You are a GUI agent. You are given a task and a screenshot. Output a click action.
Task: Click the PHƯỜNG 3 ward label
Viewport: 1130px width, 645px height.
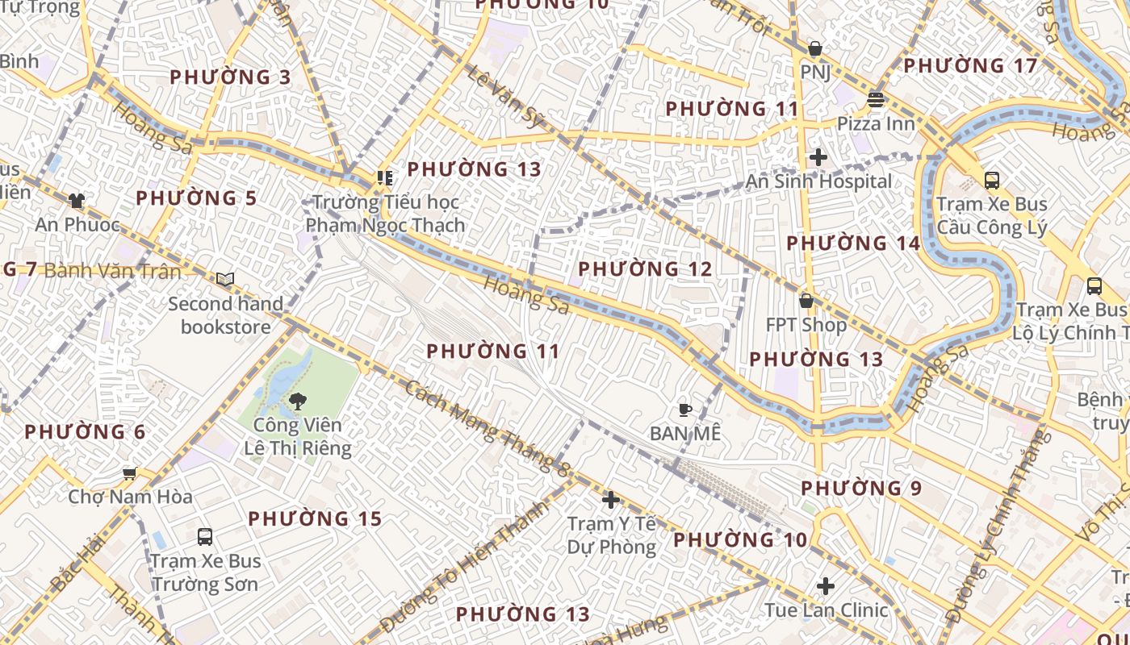click(x=230, y=77)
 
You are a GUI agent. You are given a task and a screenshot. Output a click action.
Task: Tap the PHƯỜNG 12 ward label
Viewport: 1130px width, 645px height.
click(x=645, y=268)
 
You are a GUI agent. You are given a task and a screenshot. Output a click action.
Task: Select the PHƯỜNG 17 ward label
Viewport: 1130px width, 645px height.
click(x=970, y=65)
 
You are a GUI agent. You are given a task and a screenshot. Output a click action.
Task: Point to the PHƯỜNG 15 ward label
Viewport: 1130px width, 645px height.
click(x=315, y=518)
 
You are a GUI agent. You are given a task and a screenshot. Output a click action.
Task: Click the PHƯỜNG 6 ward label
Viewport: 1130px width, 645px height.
click(x=85, y=432)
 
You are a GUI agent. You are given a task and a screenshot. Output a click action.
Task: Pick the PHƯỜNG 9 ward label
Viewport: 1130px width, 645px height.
click(x=861, y=488)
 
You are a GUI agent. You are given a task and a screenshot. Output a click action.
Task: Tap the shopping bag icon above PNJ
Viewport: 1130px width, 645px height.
click(x=815, y=48)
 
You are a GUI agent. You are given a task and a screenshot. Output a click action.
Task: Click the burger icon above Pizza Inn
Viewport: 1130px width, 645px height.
click(x=876, y=100)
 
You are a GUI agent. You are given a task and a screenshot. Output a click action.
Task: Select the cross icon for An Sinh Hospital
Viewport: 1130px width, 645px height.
click(x=818, y=157)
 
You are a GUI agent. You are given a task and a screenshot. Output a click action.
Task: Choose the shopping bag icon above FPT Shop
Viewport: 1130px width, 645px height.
click(x=806, y=301)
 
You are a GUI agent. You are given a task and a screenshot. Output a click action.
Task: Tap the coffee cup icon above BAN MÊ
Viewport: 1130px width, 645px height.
click(x=684, y=410)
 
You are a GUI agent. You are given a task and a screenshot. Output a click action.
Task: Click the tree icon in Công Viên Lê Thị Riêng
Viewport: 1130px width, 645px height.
click(x=297, y=401)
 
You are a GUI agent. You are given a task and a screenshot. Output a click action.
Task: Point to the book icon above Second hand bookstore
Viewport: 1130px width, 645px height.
click(x=225, y=280)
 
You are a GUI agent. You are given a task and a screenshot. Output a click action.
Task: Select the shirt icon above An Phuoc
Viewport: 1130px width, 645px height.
click(x=77, y=201)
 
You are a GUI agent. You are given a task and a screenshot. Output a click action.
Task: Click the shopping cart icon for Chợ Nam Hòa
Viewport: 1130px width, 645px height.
click(x=129, y=473)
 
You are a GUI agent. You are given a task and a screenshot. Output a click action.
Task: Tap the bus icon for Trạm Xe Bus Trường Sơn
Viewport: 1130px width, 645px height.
click(x=205, y=536)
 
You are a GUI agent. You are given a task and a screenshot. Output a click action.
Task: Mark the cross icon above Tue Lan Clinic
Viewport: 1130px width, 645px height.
click(x=826, y=586)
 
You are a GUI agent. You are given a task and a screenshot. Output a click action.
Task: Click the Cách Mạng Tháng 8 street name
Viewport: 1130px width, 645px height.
click(x=488, y=427)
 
